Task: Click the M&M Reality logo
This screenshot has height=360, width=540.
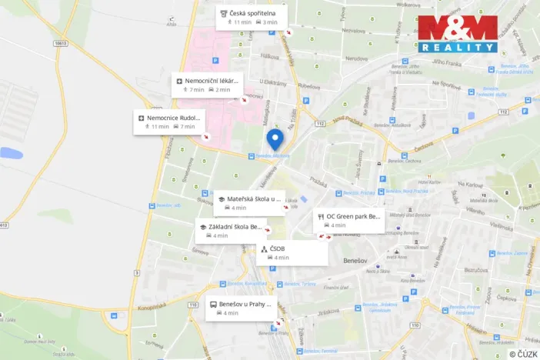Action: point(458,33)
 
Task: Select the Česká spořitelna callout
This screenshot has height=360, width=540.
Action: point(251,17)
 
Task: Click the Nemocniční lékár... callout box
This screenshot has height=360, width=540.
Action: point(206,85)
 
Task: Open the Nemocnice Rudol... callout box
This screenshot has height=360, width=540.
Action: point(168,122)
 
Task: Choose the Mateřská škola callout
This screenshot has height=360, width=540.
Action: point(249,202)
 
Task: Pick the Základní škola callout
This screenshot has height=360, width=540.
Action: point(232,231)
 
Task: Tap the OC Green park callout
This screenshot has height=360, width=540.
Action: point(349,221)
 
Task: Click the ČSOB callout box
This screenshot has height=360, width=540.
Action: point(292,253)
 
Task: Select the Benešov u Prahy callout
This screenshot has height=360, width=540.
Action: point(240,308)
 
